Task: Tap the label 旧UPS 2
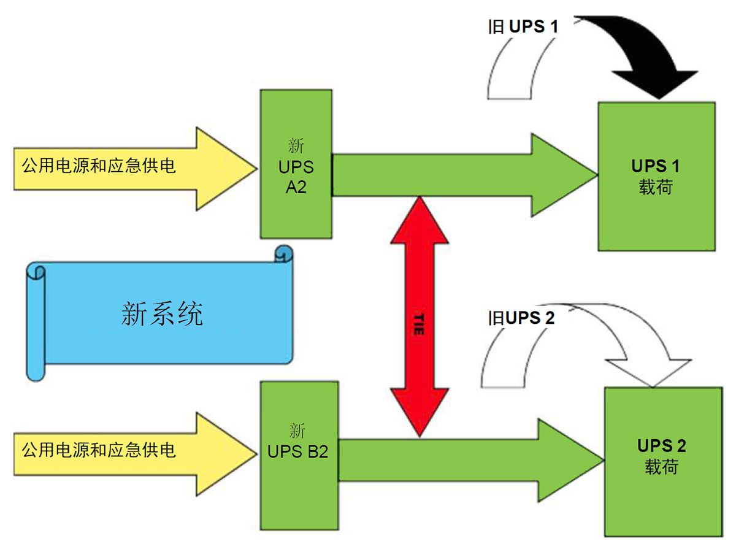tap(521, 318)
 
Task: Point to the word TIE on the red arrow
tap(420, 323)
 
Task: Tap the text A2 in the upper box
tap(296, 188)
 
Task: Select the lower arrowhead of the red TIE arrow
tap(420, 417)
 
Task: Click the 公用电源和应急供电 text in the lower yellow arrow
tap(99, 451)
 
